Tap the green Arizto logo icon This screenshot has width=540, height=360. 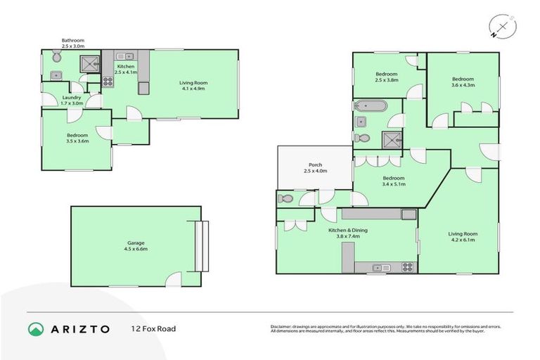click(36, 328)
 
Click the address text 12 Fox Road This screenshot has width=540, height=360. click(153, 328)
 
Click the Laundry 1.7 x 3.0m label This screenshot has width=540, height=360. click(72, 100)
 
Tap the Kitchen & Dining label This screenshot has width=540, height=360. click(347, 233)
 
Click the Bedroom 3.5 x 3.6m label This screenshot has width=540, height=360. click(77, 138)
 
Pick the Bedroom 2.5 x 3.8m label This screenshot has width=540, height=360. click(386, 77)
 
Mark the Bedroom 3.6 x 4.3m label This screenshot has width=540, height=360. click(463, 82)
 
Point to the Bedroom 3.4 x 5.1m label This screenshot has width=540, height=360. click(393, 181)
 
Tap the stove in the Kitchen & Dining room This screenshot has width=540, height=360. click(406, 267)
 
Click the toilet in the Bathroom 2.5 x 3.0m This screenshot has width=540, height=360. click(56, 56)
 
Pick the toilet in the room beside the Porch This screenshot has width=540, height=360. click(285, 197)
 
